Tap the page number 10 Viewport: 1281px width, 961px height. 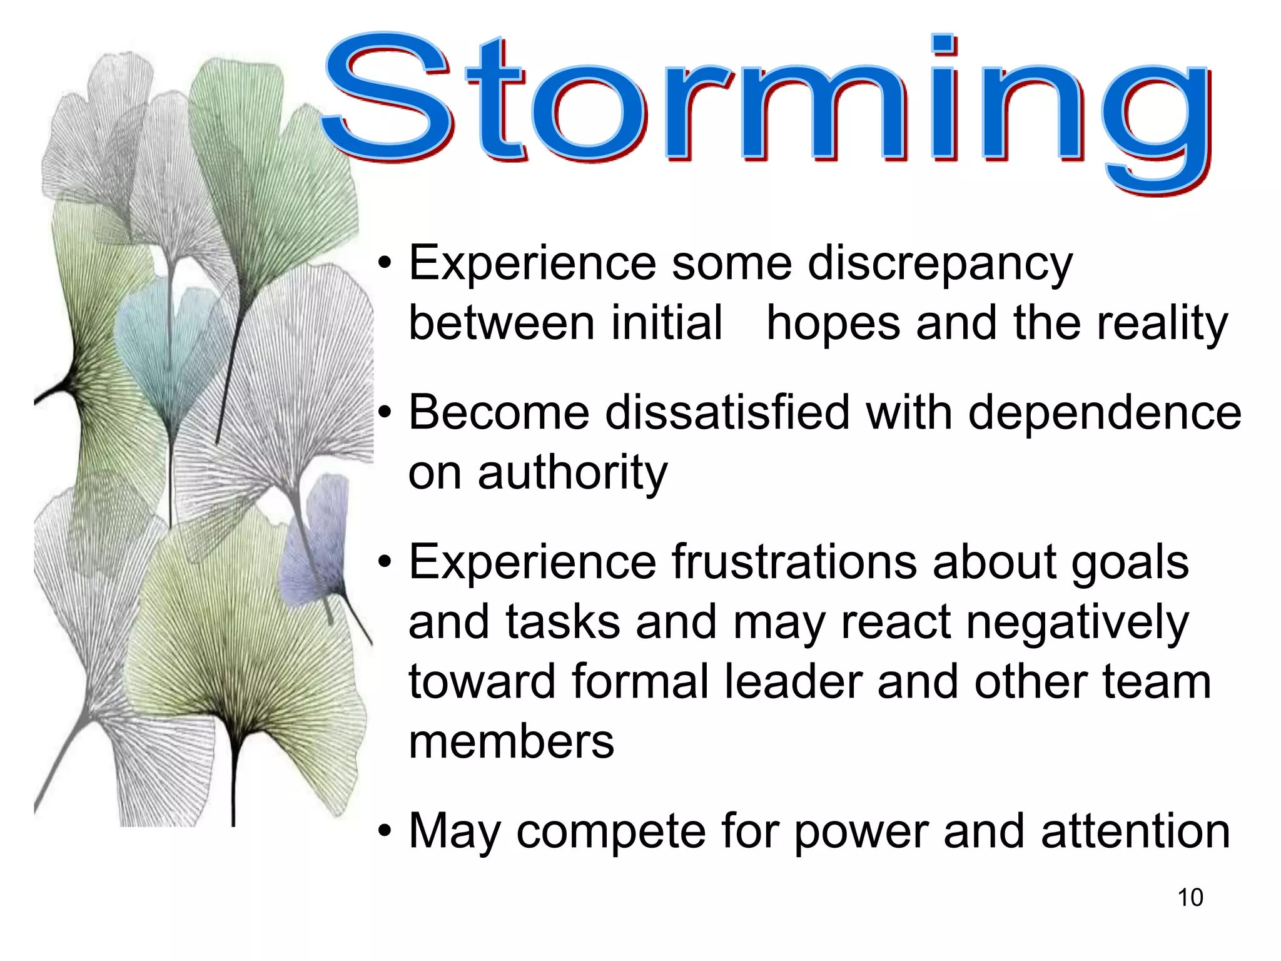(1190, 897)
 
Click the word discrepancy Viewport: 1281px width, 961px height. (939, 265)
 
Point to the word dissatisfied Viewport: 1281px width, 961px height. (727, 413)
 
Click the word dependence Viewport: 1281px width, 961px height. (1104, 413)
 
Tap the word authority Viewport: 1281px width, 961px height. (572, 474)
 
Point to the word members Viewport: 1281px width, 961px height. (511, 742)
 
